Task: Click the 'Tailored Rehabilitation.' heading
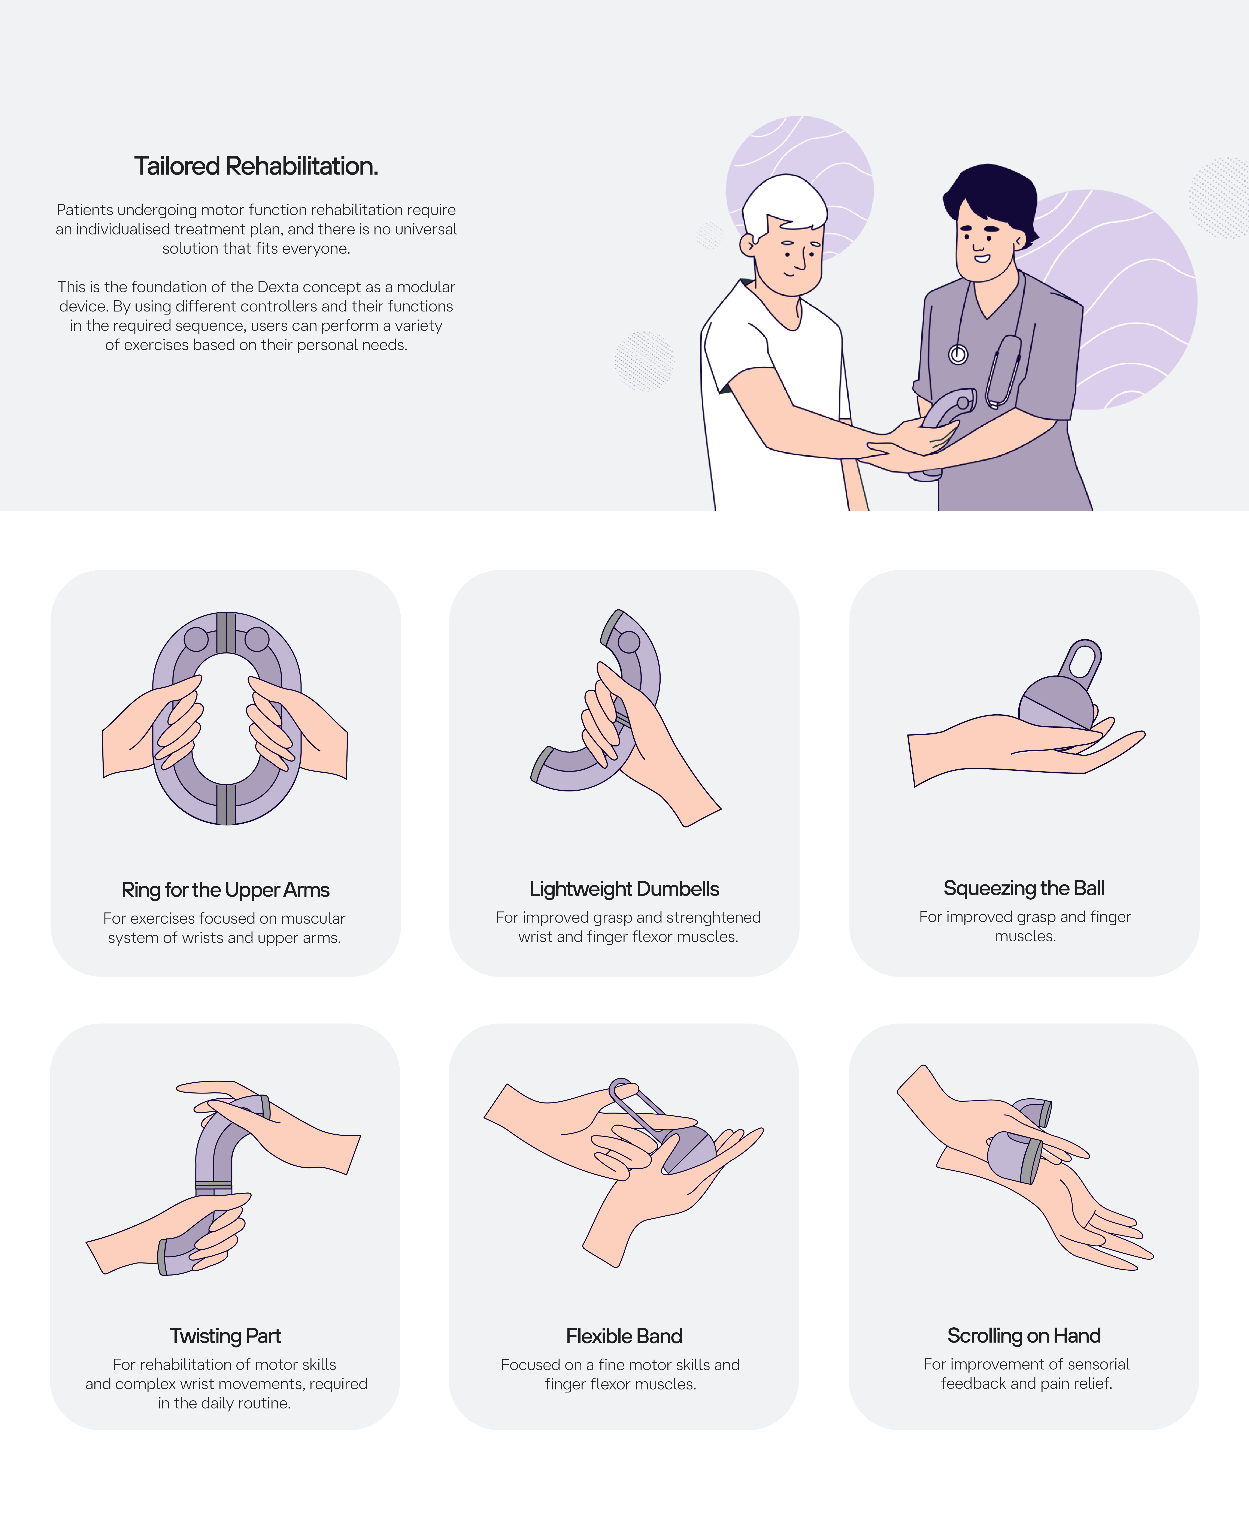pos(256,166)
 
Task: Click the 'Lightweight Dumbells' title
pos(624,889)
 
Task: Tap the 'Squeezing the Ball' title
pos(1024,888)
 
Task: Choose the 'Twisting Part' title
pos(225,1336)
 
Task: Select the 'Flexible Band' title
pos(624,1336)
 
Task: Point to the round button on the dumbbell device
pos(629,641)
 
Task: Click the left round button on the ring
pos(196,639)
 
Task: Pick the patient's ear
pos(748,245)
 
